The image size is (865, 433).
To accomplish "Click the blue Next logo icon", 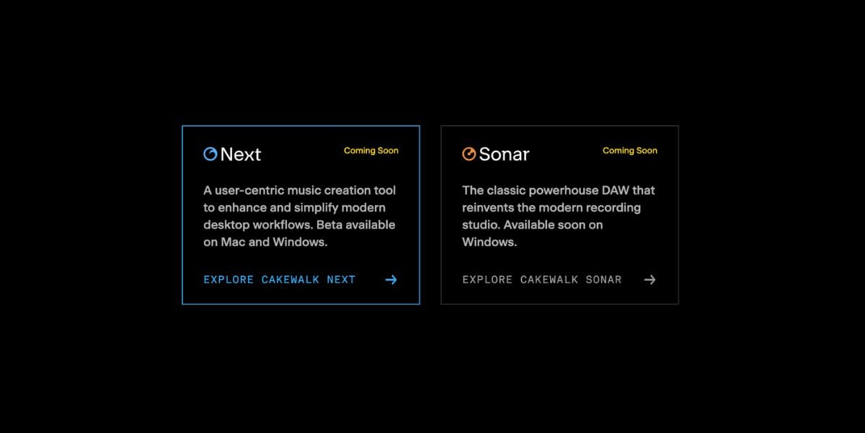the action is (210, 154).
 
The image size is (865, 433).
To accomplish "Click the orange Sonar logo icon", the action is (469, 154).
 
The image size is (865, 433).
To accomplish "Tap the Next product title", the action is (241, 154).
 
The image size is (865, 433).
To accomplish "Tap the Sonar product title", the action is (504, 154).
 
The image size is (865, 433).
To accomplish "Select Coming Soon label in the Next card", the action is (371, 151).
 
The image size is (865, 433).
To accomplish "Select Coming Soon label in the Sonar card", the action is (630, 151).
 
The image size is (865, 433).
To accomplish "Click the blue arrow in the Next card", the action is (391, 279).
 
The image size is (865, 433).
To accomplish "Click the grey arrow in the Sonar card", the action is (650, 279).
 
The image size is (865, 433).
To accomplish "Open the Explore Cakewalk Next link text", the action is (279, 279).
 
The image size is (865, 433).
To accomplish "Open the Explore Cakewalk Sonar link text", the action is (542, 279).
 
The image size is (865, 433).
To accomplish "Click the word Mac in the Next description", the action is (233, 242).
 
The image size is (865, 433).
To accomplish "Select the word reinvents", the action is (488, 208).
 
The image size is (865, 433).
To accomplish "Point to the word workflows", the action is (283, 224).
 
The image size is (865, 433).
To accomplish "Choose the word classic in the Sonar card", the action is (506, 191).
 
